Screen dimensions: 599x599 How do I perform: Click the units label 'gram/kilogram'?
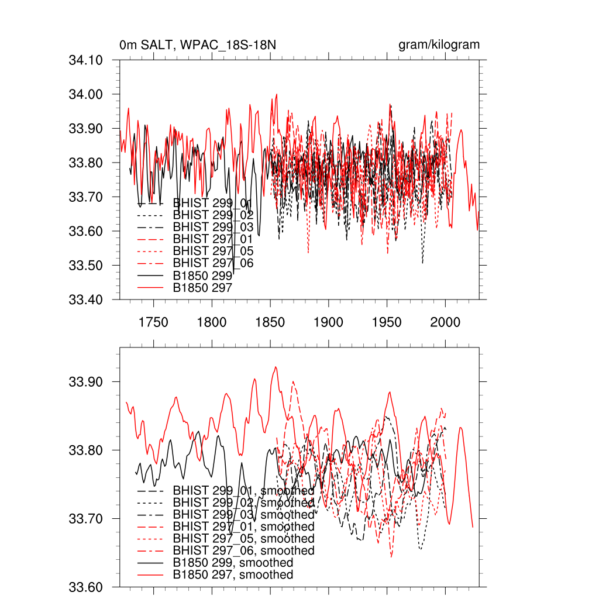coord(439,45)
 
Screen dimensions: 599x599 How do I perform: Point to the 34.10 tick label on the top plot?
coord(86,60)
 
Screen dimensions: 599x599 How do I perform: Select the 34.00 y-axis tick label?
coord(86,95)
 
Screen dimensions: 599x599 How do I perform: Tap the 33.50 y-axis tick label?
coord(86,266)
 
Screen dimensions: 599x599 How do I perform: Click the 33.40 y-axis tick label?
coord(86,300)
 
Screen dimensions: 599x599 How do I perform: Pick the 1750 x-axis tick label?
coord(153,322)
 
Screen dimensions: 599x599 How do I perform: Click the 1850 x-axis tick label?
coord(270,322)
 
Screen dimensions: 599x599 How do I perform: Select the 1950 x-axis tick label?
coord(387,322)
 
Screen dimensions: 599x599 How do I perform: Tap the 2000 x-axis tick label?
coord(445,322)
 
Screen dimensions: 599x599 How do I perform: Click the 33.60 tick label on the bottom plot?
coord(86,587)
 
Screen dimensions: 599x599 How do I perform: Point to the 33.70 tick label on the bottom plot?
coord(86,519)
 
